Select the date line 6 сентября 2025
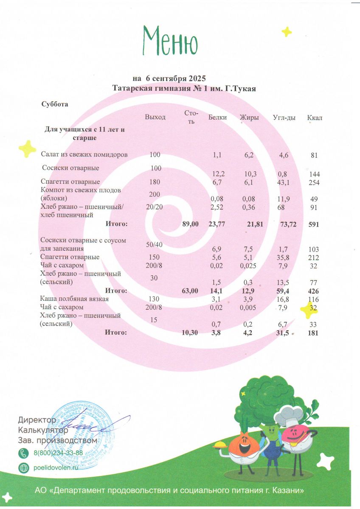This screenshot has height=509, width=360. click(169, 79)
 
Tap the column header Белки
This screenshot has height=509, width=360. click(217, 117)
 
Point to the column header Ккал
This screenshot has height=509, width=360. click(314, 117)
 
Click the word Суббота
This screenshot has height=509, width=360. click(55, 104)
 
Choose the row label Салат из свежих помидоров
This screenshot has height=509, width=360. click(84, 155)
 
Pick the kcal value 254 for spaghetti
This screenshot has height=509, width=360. click(314, 182)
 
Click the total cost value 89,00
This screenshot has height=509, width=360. click(190, 224)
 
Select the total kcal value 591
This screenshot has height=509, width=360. click(314, 224)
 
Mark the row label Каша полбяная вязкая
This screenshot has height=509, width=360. click(74, 299)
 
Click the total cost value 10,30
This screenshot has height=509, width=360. click(190, 333)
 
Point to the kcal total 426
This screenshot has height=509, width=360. click(314, 291)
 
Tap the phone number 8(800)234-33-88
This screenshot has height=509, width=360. click(58, 453)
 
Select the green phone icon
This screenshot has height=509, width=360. click(24, 453)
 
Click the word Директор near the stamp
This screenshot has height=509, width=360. click(37, 420)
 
